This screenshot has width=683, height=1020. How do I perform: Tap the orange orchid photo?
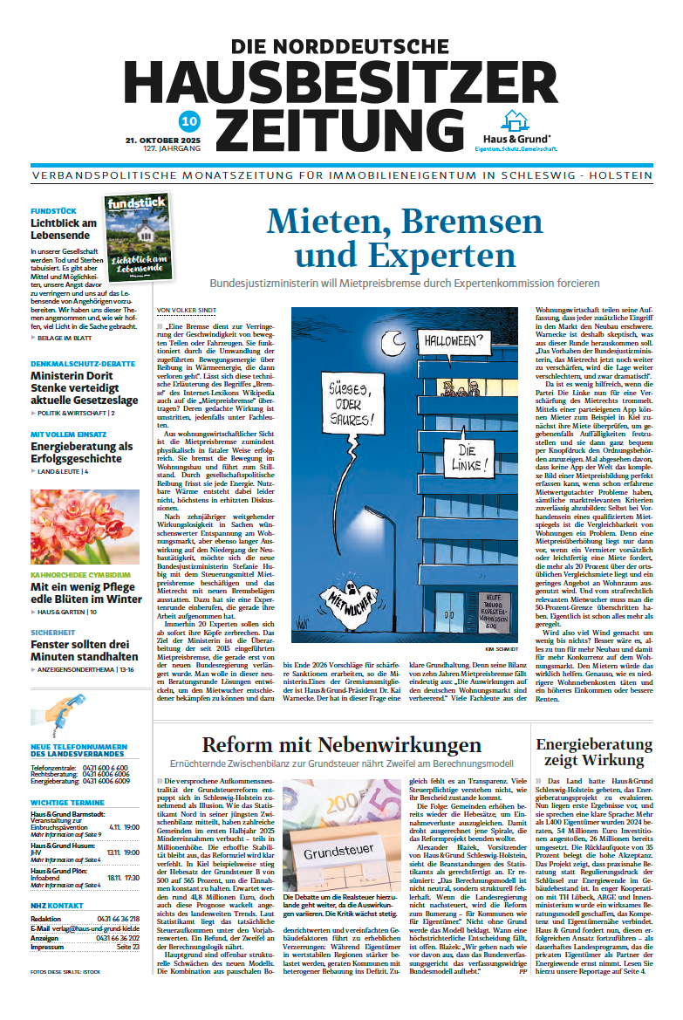tap(85, 528)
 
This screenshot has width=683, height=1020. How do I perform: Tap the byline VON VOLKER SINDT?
tap(186, 310)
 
